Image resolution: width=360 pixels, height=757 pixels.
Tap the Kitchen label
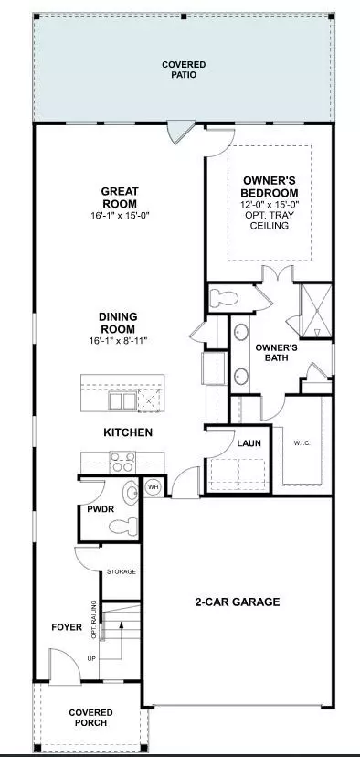127,432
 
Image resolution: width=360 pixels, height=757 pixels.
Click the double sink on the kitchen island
123,400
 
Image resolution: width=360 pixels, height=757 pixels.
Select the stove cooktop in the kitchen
121,460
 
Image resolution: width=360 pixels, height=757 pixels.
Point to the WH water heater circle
154,487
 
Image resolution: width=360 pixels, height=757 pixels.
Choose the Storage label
122,571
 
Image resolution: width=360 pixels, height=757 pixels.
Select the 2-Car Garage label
237,602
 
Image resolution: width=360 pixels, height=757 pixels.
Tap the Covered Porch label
90,718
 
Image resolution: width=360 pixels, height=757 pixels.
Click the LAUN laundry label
249,443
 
